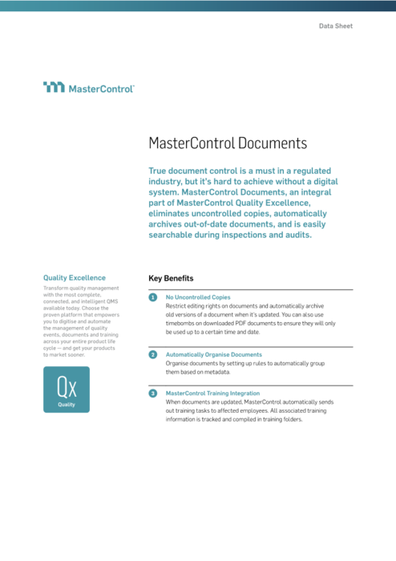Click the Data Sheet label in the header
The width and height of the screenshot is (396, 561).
[335, 26]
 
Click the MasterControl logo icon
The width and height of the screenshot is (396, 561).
[54, 87]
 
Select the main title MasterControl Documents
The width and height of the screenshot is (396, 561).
[228, 143]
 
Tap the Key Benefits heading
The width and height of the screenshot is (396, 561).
[171, 279]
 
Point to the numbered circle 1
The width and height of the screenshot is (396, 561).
[153, 297]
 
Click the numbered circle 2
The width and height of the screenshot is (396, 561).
[153, 354]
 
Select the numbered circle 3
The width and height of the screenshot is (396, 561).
[153, 394]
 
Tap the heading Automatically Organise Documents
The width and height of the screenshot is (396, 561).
[213, 354]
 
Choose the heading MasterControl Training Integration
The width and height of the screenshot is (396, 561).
[212, 394]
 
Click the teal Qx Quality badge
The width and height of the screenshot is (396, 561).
[67, 389]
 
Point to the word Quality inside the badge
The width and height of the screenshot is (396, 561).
[67, 405]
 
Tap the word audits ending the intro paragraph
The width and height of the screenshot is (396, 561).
[290, 236]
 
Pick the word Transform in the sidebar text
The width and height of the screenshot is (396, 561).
[58, 288]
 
